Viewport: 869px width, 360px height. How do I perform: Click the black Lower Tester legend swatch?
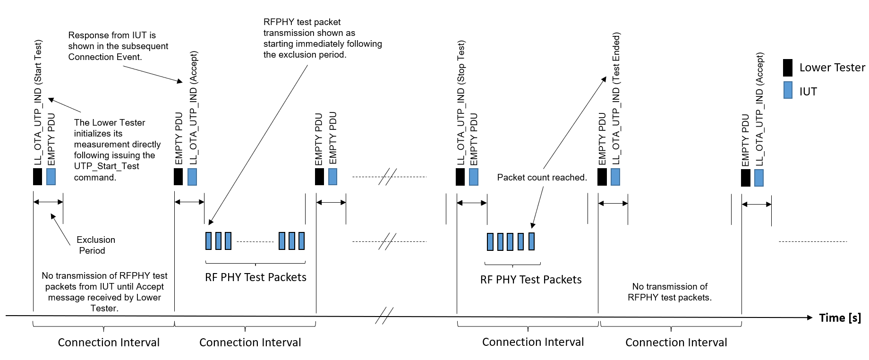[x=787, y=68]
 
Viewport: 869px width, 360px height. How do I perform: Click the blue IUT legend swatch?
[x=788, y=90]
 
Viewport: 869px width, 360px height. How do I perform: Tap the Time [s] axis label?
[x=840, y=317]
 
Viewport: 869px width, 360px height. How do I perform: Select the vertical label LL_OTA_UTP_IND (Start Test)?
[x=38, y=102]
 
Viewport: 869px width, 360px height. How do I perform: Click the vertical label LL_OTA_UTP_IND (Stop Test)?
[x=461, y=102]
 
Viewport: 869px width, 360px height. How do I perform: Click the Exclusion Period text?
[x=95, y=245]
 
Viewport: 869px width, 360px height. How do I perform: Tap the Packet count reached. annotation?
[x=542, y=178]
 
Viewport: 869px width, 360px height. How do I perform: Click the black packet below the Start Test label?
[x=37, y=176]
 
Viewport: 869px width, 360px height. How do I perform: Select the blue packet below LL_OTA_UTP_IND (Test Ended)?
[x=615, y=176]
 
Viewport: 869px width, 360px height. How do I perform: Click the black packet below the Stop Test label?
[x=460, y=176]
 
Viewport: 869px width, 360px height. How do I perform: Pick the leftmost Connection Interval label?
[x=109, y=343]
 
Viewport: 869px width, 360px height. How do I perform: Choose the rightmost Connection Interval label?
[x=676, y=343]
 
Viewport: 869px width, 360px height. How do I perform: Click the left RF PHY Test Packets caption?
[x=256, y=277]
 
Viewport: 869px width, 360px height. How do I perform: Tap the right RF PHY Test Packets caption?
[x=531, y=280]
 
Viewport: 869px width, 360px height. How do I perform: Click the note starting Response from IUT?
[x=118, y=46]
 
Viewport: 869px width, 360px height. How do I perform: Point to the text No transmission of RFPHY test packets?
[x=669, y=292]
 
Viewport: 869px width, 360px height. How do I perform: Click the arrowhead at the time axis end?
[x=809, y=317]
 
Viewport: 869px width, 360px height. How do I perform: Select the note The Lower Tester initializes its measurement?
[x=117, y=150]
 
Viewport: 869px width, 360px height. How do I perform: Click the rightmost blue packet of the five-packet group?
[x=531, y=241]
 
